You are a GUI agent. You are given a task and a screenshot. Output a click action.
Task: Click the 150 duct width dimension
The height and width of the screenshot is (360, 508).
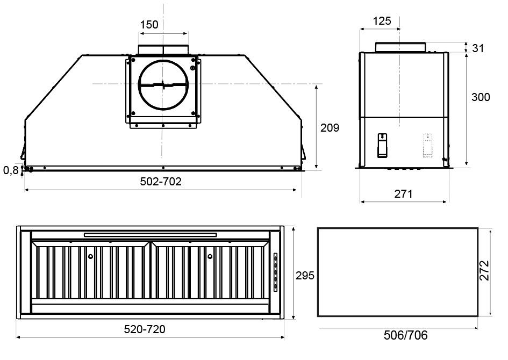[149, 25]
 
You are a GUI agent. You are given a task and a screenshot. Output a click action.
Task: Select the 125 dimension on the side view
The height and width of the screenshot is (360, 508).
[381, 21]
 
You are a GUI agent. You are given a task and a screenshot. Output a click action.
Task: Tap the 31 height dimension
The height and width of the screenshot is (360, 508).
[478, 48]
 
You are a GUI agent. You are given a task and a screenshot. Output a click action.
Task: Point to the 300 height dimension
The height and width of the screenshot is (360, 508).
[480, 97]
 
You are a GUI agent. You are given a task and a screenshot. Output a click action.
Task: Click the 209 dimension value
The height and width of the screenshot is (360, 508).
[330, 128]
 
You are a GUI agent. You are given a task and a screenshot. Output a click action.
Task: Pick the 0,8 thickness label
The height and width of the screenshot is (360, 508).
[10, 170]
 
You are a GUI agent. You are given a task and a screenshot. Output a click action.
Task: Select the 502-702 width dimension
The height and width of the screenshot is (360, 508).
[161, 182]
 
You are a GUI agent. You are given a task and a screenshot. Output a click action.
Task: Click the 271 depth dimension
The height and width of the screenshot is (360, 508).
[403, 193]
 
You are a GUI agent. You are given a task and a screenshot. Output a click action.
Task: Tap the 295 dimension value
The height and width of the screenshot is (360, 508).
[305, 275]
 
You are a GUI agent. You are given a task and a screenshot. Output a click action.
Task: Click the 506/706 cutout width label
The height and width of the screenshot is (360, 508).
[406, 336]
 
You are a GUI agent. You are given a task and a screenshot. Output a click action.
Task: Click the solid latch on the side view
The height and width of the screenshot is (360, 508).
[381, 146]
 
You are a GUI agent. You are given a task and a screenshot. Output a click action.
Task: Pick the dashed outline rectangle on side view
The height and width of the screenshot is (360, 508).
[427, 146]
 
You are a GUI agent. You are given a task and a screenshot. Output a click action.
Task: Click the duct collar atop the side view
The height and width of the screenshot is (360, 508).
[400, 47]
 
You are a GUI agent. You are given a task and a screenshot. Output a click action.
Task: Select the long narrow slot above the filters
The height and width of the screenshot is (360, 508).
[151, 234]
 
